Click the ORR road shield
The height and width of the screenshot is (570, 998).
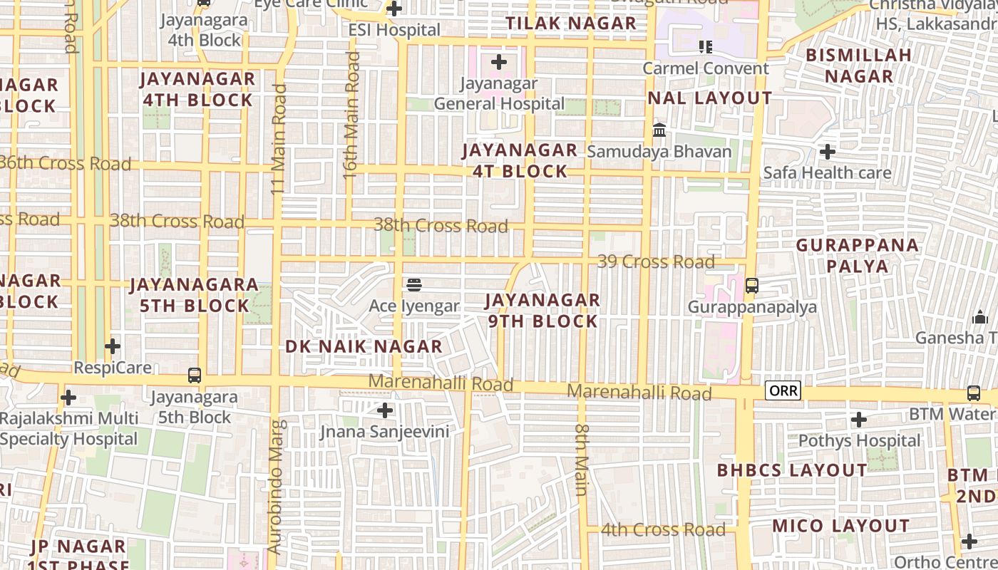coord(783,390)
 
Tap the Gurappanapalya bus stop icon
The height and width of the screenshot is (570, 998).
coord(751,286)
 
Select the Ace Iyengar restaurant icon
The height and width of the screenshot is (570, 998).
coord(414,285)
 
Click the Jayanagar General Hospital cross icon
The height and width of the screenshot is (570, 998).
coord(499,62)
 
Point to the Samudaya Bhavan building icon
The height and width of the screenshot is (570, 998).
coord(659,130)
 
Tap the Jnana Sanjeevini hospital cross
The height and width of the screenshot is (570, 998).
coord(385,410)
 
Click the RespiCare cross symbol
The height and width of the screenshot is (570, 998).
coord(113,346)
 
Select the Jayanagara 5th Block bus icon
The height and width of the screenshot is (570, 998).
coord(194,375)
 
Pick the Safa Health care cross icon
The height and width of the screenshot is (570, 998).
coord(828,151)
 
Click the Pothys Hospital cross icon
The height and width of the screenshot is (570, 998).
coord(859,419)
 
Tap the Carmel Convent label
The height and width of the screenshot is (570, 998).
coord(706,68)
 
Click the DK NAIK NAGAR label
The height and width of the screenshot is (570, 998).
coord(364,347)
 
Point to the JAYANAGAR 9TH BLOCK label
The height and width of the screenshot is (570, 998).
coord(542,311)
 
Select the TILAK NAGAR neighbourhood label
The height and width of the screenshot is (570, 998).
coord(571,23)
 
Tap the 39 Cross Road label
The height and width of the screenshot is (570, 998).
coord(656,261)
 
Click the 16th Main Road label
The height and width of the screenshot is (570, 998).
coord(352,114)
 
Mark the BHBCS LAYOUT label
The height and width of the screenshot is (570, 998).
coord(792,470)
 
